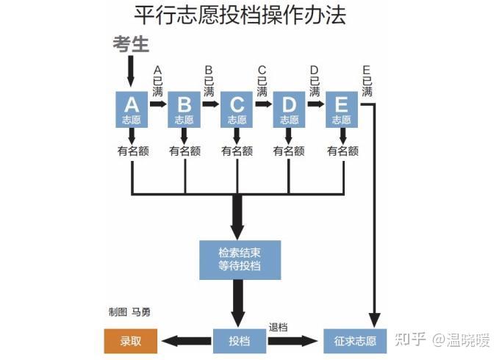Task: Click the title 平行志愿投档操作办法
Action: coord(240,15)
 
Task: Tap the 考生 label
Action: coord(131,44)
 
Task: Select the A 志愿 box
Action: coord(132,109)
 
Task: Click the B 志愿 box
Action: coord(184,109)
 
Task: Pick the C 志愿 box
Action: coord(237,109)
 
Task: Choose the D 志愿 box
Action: coord(289,109)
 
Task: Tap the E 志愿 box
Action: coord(342,109)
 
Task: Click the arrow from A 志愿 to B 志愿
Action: coord(158,104)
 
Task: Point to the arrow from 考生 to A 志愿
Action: coord(130,71)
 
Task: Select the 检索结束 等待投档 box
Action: coord(240,260)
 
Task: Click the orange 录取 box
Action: coord(131,341)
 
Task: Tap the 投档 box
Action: coord(240,341)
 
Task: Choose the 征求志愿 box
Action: coord(355,341)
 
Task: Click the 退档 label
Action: coord(279,327)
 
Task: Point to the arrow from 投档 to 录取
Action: coord(187,341)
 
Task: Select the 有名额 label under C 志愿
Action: coord(237,151)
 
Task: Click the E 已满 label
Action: coord(367,82)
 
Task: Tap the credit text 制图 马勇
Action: coord(129,312)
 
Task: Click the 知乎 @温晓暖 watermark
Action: coord(442,340)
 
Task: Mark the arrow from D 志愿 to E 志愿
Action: coord(316,104)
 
